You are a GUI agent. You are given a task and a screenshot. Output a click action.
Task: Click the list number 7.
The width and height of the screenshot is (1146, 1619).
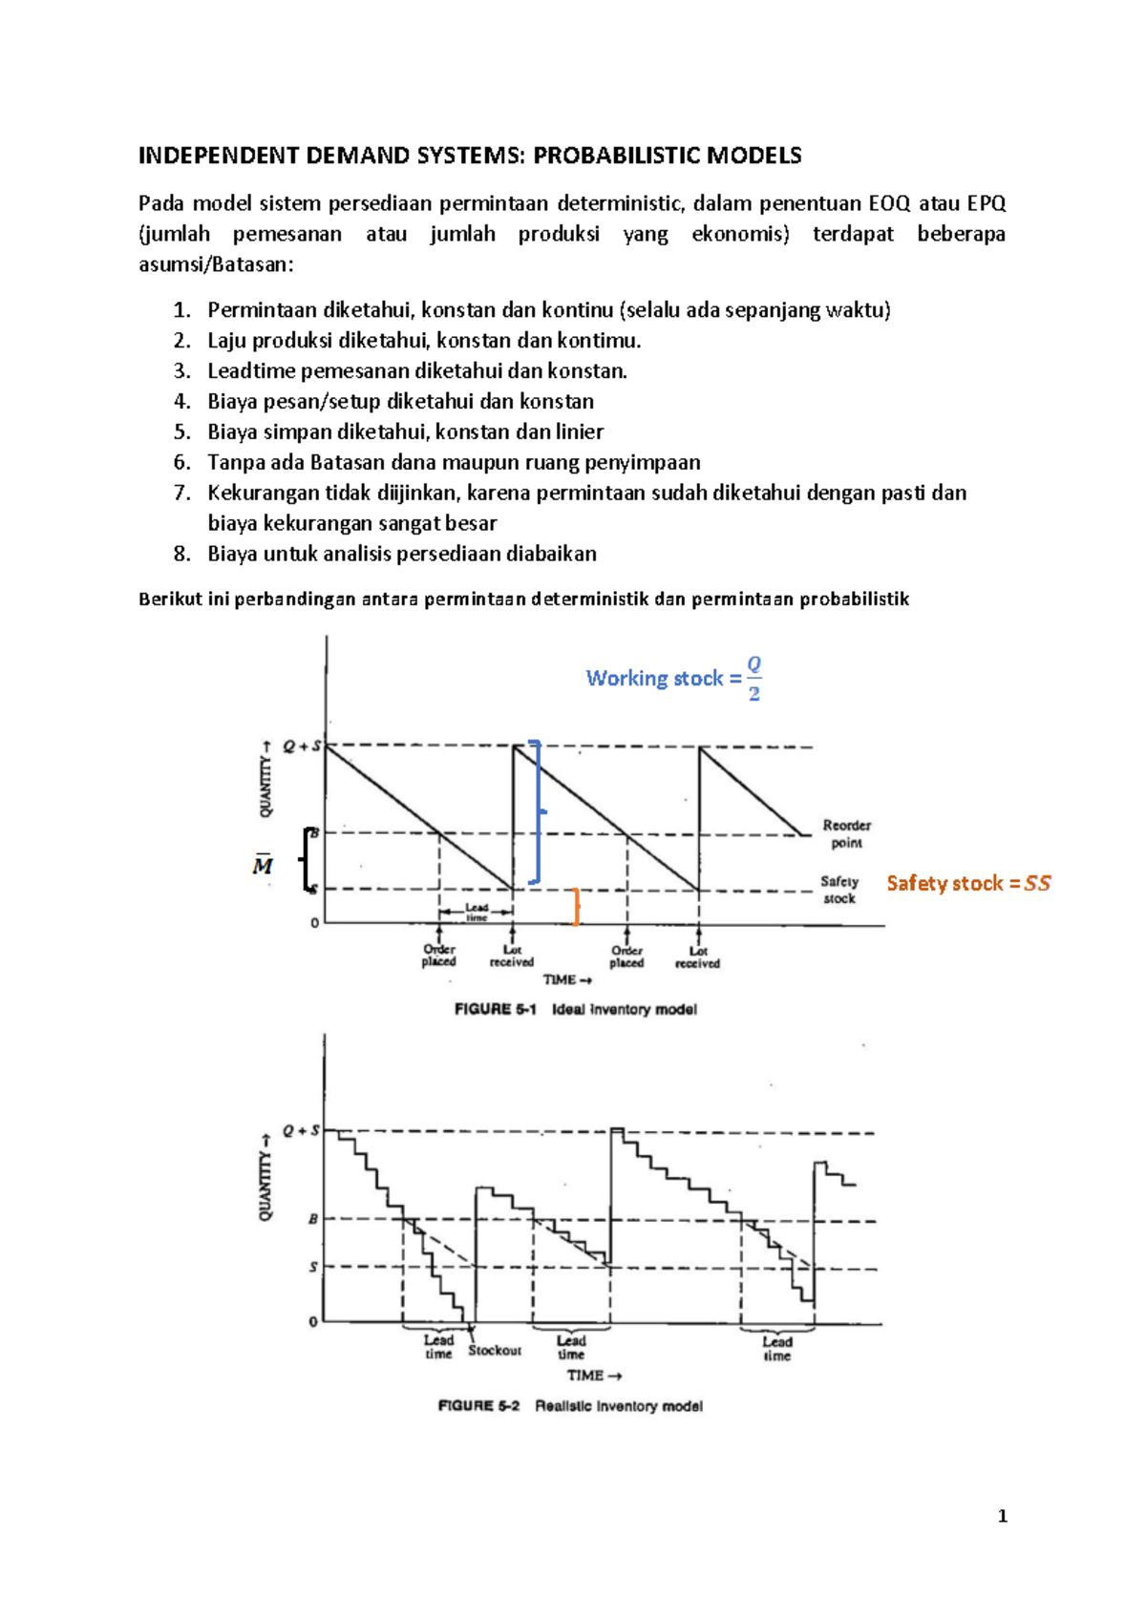(x=181, y=494)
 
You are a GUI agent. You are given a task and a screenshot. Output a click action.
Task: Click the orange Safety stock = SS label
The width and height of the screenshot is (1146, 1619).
(x=967, y=883)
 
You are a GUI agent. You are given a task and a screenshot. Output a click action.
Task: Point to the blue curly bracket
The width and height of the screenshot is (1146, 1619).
(x=537, y=811)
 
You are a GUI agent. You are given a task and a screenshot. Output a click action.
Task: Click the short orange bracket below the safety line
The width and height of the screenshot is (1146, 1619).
(x=576, y=906)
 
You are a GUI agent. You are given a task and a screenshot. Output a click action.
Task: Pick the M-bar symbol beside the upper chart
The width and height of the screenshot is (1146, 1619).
(x=263, y=866)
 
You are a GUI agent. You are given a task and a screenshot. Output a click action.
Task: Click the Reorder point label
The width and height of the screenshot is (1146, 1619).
(x=846, y=833)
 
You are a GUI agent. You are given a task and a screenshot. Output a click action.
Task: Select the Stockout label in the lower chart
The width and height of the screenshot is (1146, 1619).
(x=495, y=1351)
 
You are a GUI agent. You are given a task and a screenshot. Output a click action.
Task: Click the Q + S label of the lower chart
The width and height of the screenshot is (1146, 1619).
(x=301, y=1131)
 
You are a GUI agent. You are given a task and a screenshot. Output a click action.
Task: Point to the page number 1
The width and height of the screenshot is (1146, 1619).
(x=1002, y=1516)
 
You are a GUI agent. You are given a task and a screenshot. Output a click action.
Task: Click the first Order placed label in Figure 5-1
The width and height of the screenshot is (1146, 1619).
(x=439, y=956)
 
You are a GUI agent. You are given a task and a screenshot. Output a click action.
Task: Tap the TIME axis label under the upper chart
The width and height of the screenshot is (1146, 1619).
(x=567, y=980)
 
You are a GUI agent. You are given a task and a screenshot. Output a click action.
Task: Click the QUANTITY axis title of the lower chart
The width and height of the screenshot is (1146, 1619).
(x=265, y=1177)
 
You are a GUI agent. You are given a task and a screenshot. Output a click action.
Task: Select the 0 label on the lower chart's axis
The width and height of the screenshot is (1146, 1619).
(x=313, y=1322)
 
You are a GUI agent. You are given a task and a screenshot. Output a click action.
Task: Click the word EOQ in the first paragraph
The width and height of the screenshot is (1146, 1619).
(x=889, y=203)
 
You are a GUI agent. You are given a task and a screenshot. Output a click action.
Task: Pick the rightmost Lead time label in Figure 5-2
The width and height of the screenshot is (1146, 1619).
(x=776, y=1348)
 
